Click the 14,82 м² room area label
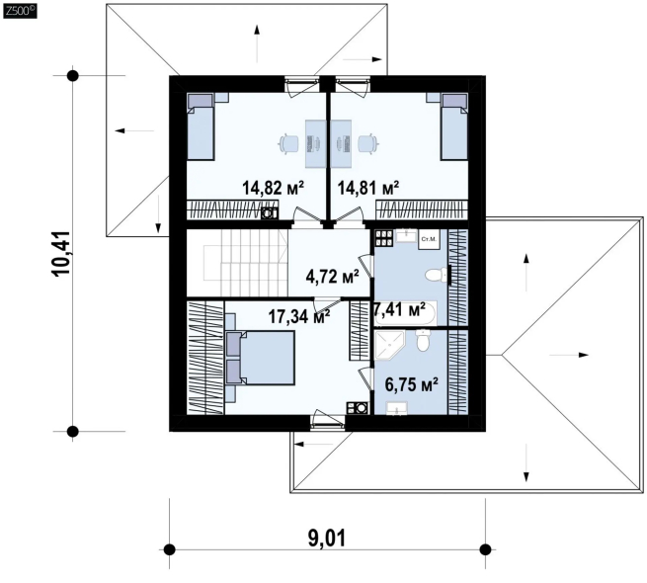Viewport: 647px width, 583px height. point(274,188)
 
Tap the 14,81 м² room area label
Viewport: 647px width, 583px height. point(368,188)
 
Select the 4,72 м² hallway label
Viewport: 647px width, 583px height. point(332,277)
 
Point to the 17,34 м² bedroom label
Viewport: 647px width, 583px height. point(299,316)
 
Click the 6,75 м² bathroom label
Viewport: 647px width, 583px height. point(411,384)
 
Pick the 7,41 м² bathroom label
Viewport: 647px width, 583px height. point(399,309)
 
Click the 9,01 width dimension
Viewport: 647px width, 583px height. point(327,538)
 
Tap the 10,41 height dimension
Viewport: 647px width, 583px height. point(61,254)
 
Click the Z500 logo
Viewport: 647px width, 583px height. point(20,11)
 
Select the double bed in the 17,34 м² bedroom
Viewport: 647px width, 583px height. point(260,358)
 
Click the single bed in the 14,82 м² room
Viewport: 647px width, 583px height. point(201,126)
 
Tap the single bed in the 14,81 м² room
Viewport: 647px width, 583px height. point(454,126)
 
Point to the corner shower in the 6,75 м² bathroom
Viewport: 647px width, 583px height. point(390,345)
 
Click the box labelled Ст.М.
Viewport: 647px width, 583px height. point(429,239)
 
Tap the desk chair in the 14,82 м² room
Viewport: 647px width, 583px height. point(288,143)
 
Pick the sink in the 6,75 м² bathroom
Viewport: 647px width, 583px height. point(396,408)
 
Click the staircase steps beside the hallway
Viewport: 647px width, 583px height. point(254,263)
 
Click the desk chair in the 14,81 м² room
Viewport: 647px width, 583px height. point(368,143)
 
